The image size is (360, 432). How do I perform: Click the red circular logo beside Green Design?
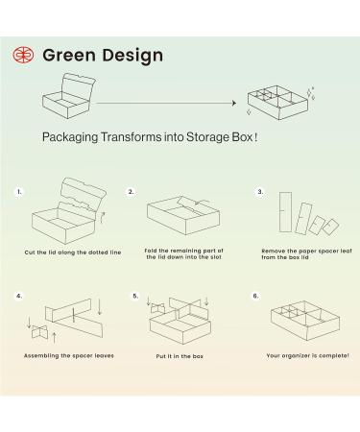click(23, 55)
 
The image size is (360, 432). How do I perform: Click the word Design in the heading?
click(132, 57)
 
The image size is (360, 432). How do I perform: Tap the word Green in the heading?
click(69, 55)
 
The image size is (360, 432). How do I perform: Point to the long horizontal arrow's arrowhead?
click(234, 103)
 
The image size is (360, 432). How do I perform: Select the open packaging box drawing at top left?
click(69, 95)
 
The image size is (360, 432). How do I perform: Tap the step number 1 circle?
click(19, 192)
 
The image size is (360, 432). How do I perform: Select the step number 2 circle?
click(131, 192)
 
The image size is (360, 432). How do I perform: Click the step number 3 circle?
click(260, 192)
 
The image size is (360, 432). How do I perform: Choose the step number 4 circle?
click(19, 296)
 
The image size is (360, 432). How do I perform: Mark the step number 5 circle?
click(135, 296)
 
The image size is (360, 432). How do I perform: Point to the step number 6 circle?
click(255, 296)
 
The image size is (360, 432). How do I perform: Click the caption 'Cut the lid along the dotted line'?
click(73, 252)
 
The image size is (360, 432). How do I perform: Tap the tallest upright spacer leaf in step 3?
click(285, 212)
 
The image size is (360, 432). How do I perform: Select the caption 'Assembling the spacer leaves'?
click(69, 356)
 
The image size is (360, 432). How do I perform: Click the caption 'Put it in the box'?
click(180, 356)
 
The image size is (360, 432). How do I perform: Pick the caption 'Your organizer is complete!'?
click(307, 355)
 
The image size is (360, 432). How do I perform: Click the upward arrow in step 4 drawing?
click(54, 338)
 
